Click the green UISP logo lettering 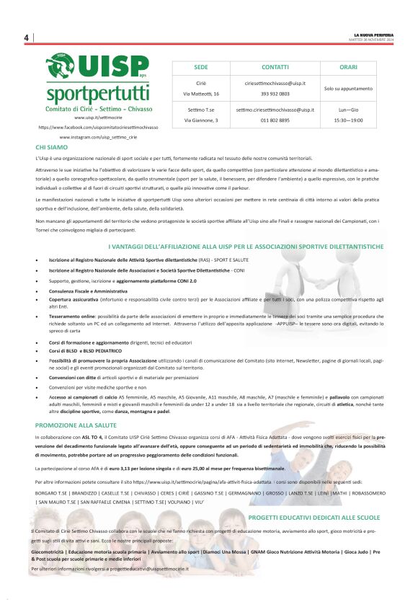tap(116, 68)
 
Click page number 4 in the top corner tap(26, 37)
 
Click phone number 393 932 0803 tap(275, 94)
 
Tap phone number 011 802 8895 tap(275, 120)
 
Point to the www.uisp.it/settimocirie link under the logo tap(98, 118)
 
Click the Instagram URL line tap(98, 136)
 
